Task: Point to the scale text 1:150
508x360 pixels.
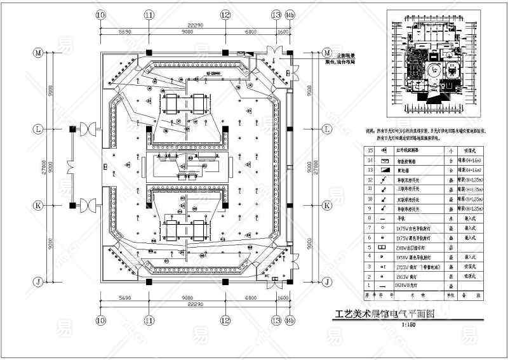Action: click(x=390, y=325)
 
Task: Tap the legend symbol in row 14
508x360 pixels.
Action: click(x=385, y=161)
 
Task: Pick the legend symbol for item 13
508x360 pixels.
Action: click(x=385, y=171)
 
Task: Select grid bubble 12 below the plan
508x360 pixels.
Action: click(x=225, y=321)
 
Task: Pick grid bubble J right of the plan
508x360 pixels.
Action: click(x=327, y=281)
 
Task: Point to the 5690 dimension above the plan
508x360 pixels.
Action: click(x=124, y=31)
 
